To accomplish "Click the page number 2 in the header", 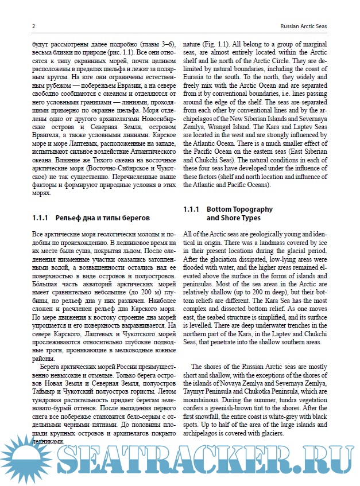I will [x=33, y=26].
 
